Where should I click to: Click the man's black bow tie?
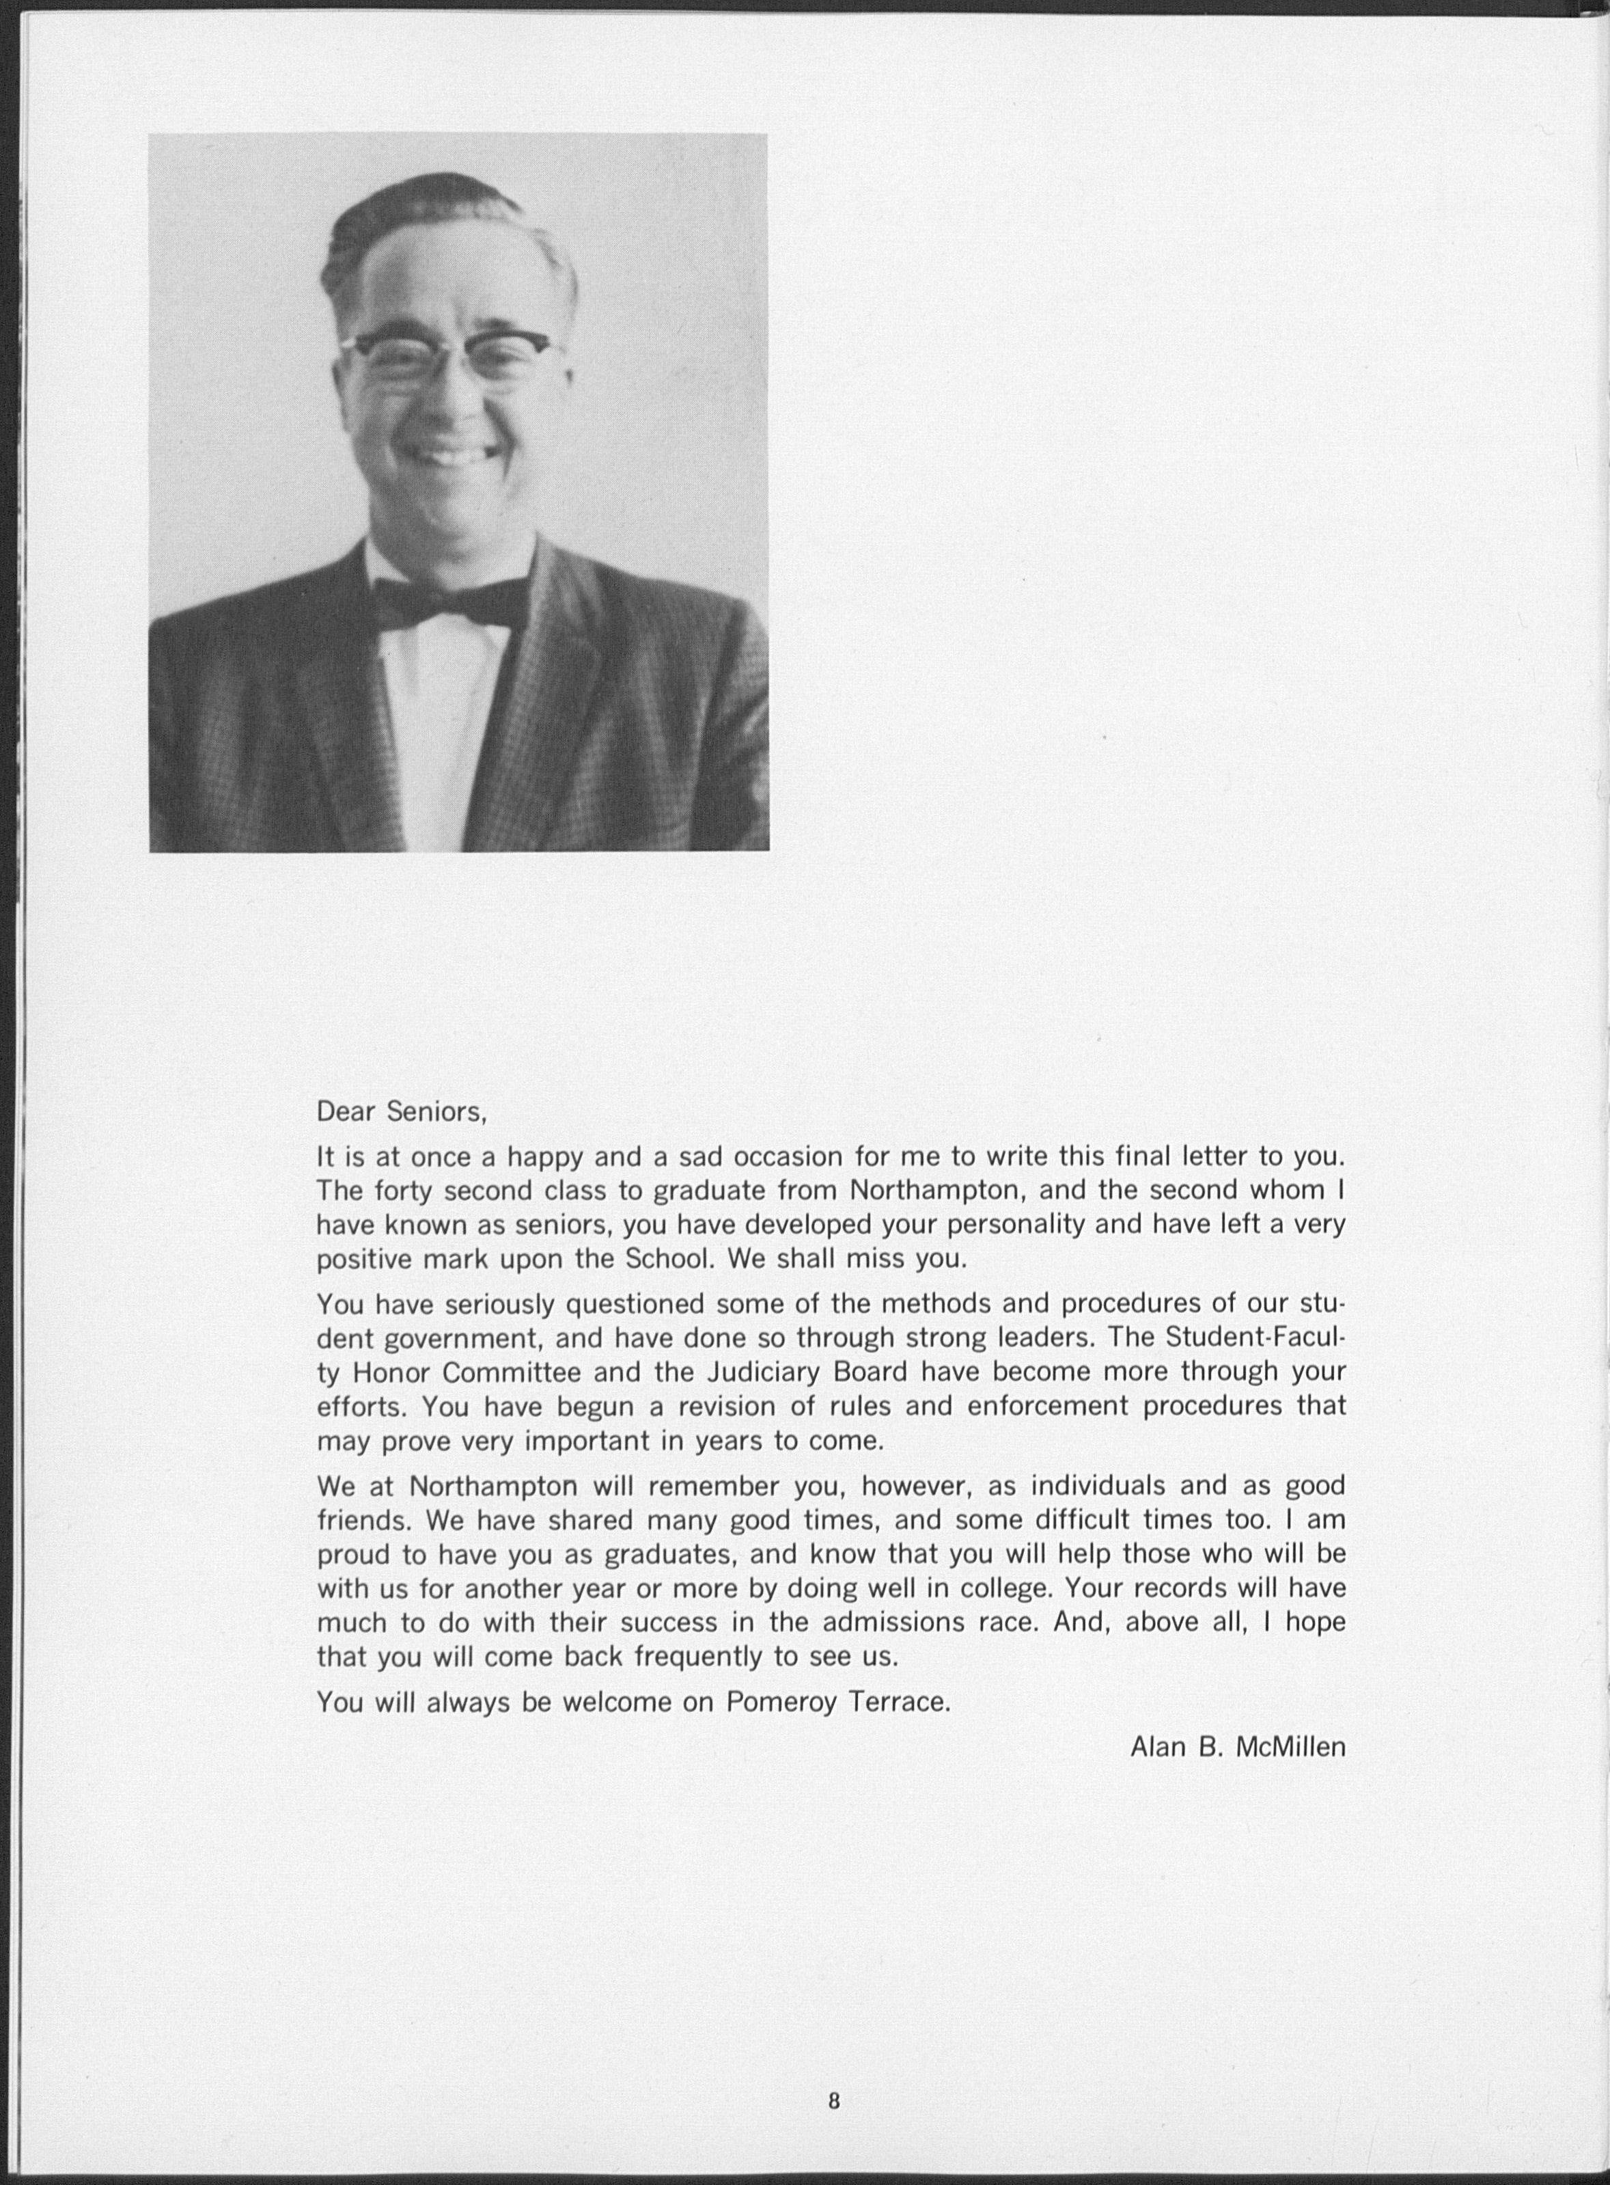click(x=448, y=601)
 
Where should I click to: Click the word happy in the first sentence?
click(x=545, y=1157)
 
